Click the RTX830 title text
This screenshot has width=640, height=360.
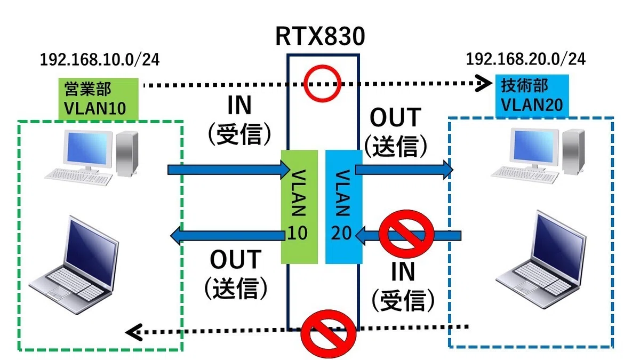point(320,36)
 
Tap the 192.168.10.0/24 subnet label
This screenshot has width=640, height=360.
point(99,60)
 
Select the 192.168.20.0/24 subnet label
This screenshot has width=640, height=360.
point(526,59)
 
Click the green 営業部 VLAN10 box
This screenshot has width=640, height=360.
point(99,99)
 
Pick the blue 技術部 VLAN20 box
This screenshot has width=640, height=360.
point(532,95)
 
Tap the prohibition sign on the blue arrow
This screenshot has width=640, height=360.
point(406,234)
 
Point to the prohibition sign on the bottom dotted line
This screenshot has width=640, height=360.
point(329,334)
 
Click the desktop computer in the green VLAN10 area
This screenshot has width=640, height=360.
point(91,158)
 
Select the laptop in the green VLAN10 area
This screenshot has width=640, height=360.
point(74,265)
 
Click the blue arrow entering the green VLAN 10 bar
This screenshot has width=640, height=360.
point(229,170)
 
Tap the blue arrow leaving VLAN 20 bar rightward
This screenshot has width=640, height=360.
point(404,170)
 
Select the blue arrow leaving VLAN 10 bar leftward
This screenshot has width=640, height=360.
point(227,236)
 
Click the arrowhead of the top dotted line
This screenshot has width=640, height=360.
point(483,83)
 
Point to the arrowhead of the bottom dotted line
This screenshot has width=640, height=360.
point(134,332)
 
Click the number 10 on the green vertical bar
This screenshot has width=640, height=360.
point(298,233)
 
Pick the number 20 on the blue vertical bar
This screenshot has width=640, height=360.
point(341,233)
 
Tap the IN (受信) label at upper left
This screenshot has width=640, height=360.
point(239,120)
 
